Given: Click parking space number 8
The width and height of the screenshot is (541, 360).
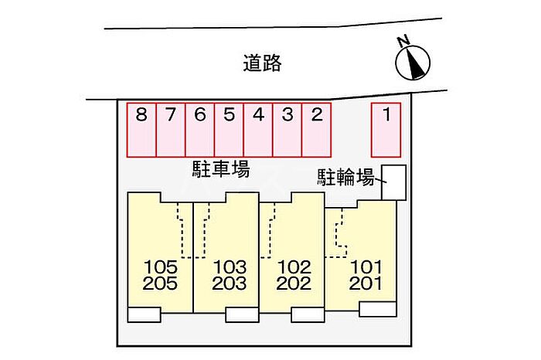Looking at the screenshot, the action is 141,130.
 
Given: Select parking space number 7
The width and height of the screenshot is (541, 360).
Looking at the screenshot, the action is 171,130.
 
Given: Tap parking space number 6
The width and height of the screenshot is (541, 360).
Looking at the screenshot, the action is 199,130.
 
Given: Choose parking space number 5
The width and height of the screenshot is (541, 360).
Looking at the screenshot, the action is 229,130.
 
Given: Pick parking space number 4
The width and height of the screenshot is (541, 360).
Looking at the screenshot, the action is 258,130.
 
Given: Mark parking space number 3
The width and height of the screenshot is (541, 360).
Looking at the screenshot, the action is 288,130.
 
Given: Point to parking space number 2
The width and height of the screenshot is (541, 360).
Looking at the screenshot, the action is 316,130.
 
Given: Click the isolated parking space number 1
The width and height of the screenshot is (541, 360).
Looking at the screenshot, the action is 386,130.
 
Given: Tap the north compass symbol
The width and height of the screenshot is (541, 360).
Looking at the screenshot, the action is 413,63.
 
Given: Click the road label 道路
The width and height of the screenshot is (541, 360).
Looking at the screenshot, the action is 263,63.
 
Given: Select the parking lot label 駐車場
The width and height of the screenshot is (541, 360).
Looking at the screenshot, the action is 221,169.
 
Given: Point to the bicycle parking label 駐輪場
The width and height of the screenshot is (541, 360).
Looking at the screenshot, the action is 345,177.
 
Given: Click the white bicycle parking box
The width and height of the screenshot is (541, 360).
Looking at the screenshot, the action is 393,182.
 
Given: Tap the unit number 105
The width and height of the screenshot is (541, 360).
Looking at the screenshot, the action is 161,267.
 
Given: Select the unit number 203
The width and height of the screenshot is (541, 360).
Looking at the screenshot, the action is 230,284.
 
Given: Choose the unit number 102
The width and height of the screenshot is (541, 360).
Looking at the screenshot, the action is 294,267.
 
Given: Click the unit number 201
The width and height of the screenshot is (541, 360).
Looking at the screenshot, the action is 366,284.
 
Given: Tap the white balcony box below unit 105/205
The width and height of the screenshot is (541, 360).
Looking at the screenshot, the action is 144,314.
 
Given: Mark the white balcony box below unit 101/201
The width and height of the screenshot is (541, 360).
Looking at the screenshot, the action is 377,309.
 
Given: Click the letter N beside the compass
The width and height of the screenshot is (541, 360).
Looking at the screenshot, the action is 403,41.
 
